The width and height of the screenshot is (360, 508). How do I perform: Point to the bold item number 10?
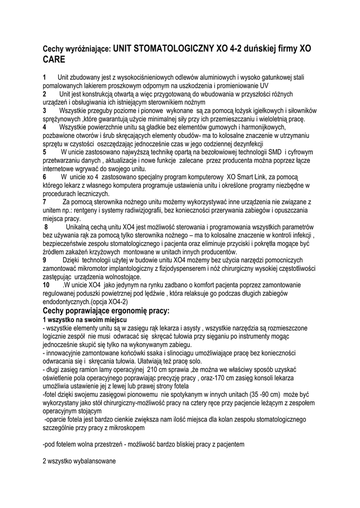click(x=46, y=285)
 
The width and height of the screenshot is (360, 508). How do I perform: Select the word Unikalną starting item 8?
click(x=82, y=227)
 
